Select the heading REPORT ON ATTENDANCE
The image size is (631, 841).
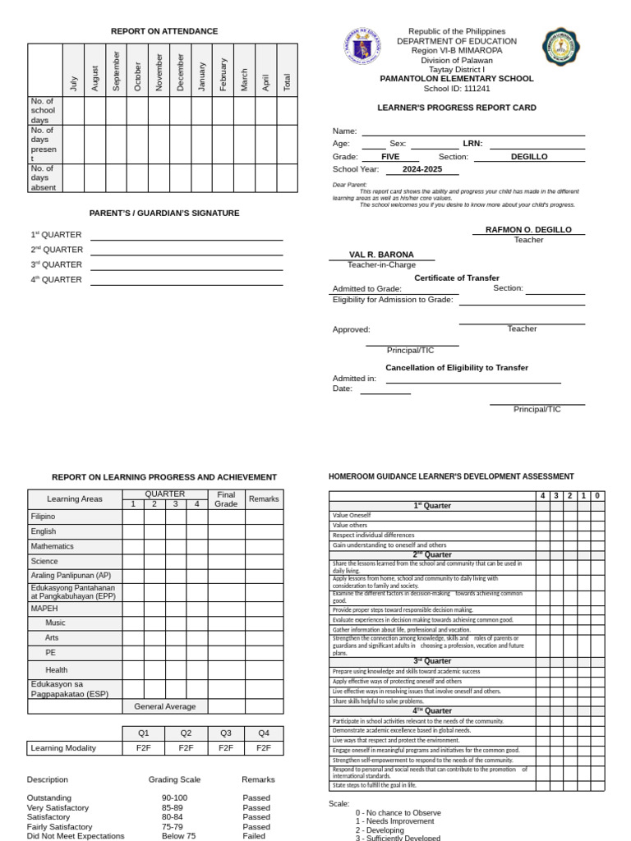tap(164, 31)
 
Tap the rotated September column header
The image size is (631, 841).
tap(116, 71)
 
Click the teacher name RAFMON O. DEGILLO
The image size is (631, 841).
tap(529, 230)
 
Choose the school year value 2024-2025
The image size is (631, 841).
tap(421, 169)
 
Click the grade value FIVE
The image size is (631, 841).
tap(391, 156)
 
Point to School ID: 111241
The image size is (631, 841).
tap(456, 89)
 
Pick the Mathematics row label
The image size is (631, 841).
tap(53, 546)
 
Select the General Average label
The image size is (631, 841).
tap(165, 706)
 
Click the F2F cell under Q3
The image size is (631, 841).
tap(225, 748)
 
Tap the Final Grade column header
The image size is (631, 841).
tap(226, 499)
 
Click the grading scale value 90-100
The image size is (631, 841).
tap(174, 797)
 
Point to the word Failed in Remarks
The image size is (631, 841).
tap(254, 836)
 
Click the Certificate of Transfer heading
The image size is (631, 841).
tap(456, 278)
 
